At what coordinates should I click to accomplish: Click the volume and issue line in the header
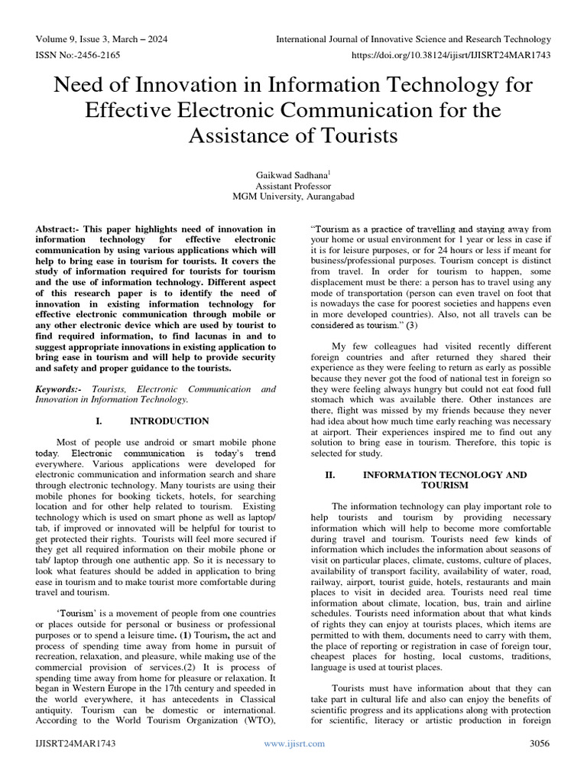coord(102,39)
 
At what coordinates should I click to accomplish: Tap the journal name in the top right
coord(413,39)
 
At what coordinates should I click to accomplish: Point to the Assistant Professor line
coord(293,185)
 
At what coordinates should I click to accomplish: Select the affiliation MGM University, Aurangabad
coord(293,197)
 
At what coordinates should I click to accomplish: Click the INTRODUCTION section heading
coord(169,421)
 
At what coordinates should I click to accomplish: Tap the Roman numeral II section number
coord(330,475)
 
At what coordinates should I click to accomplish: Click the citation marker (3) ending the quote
coord(411,325)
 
